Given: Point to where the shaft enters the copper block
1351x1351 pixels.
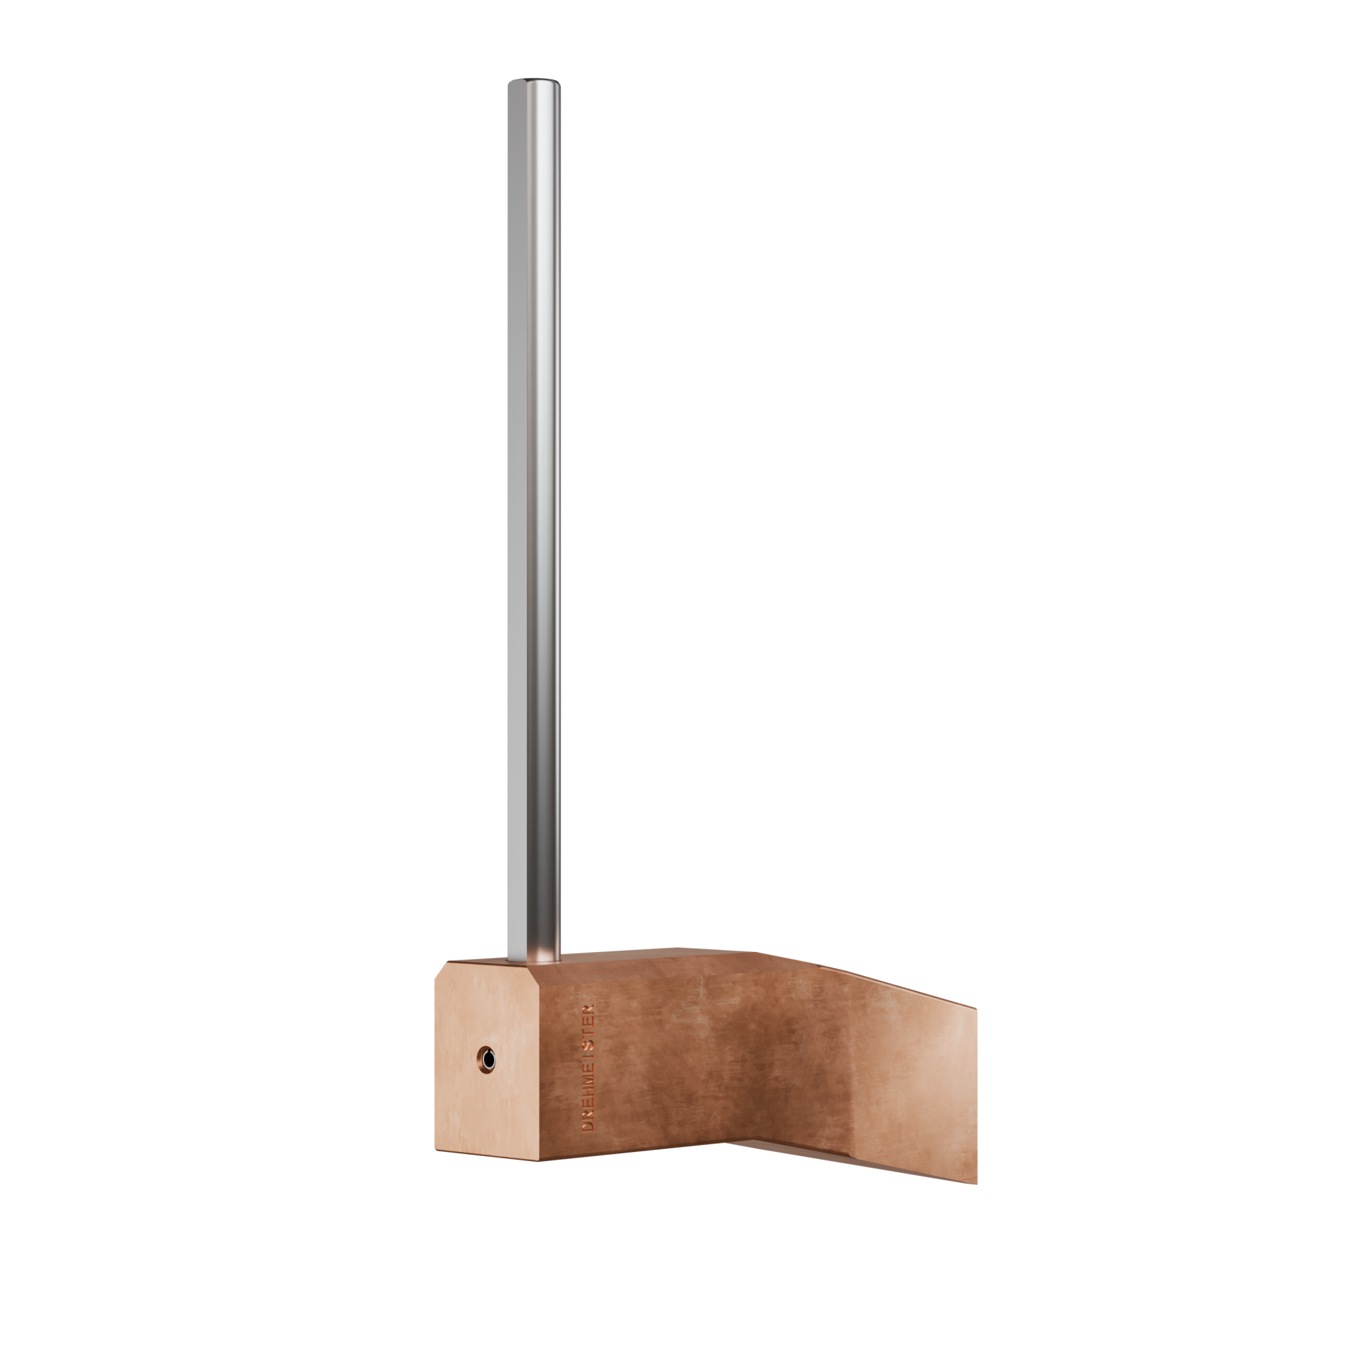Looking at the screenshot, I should coord(534,958).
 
